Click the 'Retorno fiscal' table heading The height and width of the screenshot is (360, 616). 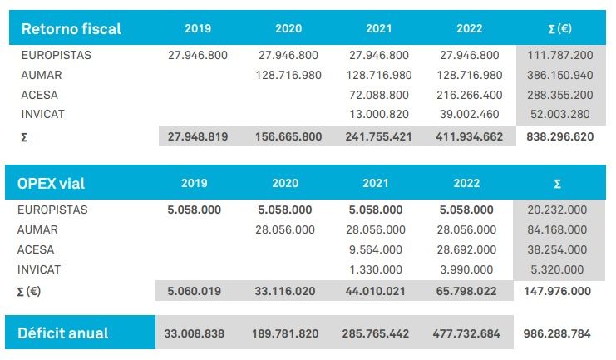coord(71,29)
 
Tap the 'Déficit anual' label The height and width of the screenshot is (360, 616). coord(63,333)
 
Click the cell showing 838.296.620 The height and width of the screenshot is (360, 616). coord(559,136)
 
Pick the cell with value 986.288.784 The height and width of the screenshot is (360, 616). coord(558,334)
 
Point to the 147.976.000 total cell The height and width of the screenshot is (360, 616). coord(558,291)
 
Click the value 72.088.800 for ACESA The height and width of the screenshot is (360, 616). coord(379,95)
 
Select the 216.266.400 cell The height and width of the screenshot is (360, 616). coord(469,95)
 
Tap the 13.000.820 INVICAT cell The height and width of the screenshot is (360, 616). coord(379,115)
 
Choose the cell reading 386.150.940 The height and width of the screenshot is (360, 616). coord(559,75)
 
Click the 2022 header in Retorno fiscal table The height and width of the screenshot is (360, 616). coord(469,29)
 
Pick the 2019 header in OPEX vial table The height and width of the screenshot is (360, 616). coord(196,183)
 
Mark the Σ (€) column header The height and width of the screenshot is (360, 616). coord(559,29)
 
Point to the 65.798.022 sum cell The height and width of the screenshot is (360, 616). coord(469,291)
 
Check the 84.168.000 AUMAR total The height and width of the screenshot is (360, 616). coord(558,229)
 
